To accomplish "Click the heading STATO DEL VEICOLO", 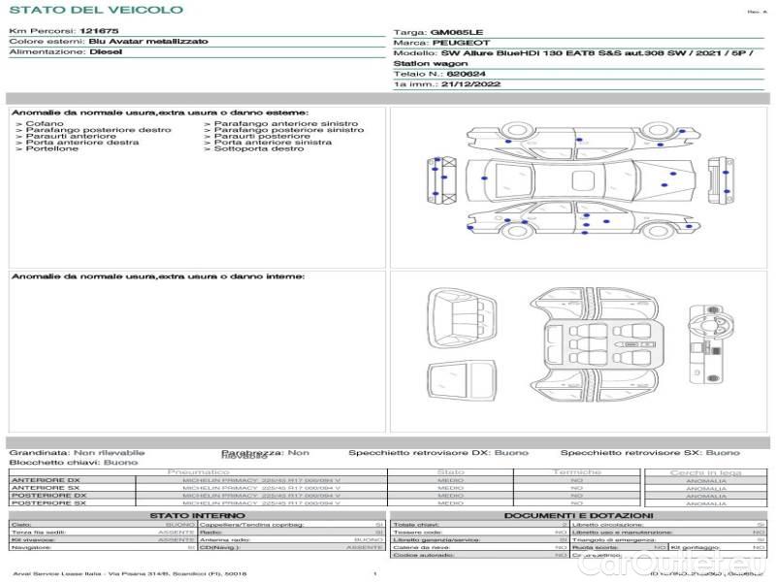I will tap(95, 10).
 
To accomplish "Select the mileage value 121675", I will tap(99, 32).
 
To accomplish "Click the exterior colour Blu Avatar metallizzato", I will tap(147, 43).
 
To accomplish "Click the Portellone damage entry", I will tap(52, 148).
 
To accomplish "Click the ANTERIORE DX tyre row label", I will tap(46, 480).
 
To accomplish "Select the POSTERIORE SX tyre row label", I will tap(47, 503).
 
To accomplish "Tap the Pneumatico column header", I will tap(199, 472).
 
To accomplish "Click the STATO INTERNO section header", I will tap(197, 515).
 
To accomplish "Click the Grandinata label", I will tap(38, 452).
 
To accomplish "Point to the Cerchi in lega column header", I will tap(705, 472).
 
